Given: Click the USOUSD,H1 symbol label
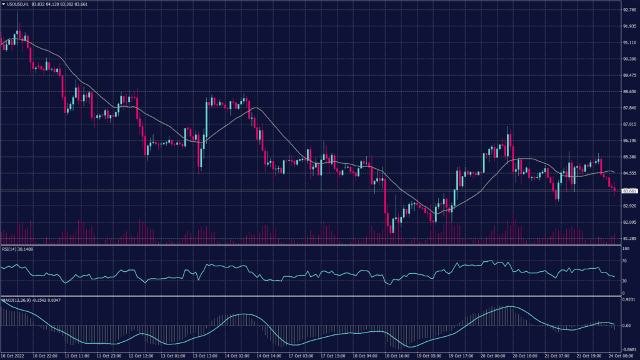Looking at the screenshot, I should click(x=18, y=4).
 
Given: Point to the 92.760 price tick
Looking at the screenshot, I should click(x=629, y=10).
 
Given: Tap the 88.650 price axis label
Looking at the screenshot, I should click(x=629, y=91).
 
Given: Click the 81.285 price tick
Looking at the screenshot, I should click(x=629, y=238).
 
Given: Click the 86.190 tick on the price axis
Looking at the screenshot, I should click(x=629, y=141).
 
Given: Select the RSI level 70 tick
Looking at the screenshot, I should click(x=624, y=261).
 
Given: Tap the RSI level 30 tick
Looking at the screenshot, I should click(x=624, y=281).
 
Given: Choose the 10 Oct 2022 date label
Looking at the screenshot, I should click(x=13, y=356).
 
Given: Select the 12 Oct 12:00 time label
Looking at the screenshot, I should click(x=141, y=356).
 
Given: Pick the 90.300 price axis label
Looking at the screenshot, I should click(x=629, y=59).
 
